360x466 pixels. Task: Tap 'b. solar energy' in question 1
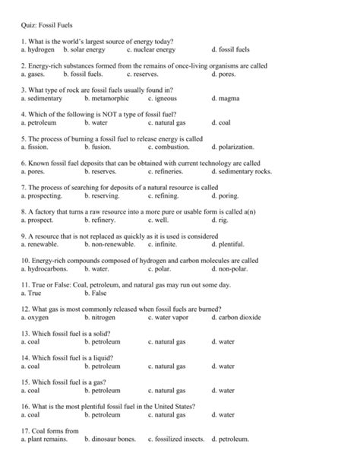point(84,49)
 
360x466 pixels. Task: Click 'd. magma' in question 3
point(226,98)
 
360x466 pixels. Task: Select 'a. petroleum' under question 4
point(40,122)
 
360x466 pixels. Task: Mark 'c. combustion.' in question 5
point(169,147)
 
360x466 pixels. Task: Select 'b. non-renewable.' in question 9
point(110,244)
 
